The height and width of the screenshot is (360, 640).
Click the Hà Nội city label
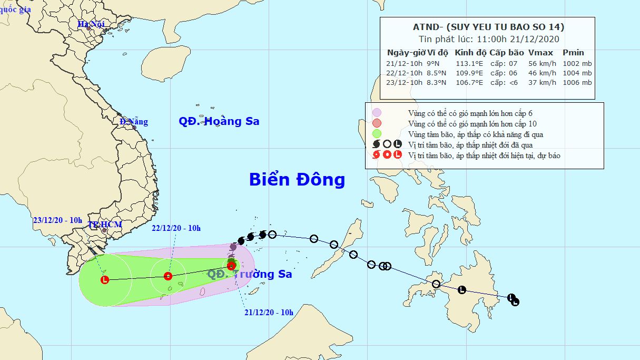click(x=91, y=24)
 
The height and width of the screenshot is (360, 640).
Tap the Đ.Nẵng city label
click(x=134, y=122)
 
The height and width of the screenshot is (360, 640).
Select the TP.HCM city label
click(x=105, y=225)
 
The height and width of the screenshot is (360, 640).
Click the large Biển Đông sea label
click(x=297, y=180)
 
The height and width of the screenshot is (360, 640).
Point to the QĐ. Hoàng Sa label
click(x=219, y=121)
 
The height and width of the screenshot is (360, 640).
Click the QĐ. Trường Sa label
click(x=250, y=274)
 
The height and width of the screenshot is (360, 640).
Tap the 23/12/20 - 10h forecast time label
click(x=57, y=220)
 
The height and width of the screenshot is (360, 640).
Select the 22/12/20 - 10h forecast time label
click(x=176, y=228)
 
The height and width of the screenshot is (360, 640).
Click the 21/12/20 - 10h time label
click(x=269, y=313)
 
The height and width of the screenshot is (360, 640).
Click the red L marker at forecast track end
click(x=104, y=280)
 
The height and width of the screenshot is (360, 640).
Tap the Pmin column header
click(x=573, y=53)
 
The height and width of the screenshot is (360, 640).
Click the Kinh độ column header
click(x=470, y=53)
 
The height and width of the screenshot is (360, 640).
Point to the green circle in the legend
click(x=377, y=134)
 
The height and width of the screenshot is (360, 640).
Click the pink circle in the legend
click(x=377, y=113)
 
